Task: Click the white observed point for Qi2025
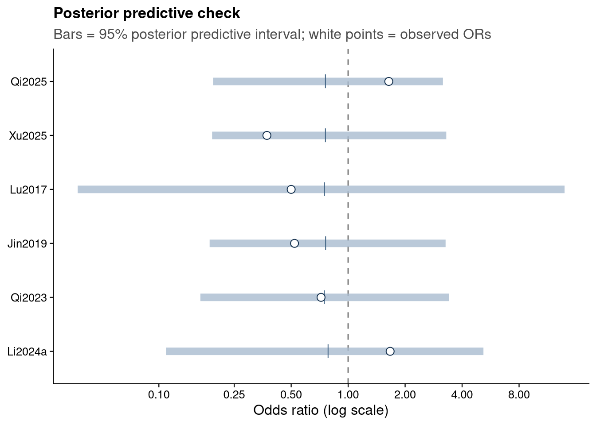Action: [388, 81]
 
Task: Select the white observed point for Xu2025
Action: [267, 135]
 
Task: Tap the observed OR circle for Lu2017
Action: [291, 189]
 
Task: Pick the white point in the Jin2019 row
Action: [294, 243]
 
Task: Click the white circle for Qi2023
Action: [321, 297]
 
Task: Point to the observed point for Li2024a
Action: [390, 351]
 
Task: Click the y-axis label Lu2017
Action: [28, 189]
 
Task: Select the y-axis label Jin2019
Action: [27, 243]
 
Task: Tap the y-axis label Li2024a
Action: [27, 352]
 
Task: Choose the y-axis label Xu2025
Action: [27, 136]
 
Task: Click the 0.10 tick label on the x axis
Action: [159, 395]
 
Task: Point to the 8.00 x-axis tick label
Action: [519, 395]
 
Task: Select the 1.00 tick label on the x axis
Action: [348, 395]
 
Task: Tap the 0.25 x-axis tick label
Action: [234, 395]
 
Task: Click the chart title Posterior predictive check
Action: [147, 13]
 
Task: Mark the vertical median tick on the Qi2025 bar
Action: [325, 81]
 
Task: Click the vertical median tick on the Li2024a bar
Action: [328, 351]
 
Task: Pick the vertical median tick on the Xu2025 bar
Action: [325, 135]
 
